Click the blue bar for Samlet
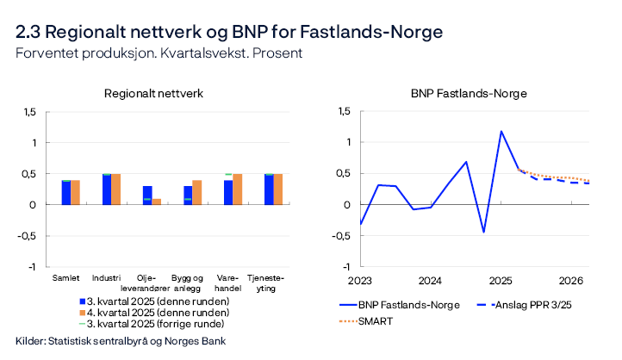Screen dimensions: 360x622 point(65,193)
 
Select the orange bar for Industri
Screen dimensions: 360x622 point(116,189)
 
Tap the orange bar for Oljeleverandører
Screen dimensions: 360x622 point(156,202)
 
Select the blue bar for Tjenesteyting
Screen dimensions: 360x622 point(269,189)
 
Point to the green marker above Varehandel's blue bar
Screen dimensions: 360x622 point(228,174)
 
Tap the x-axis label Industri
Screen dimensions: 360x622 point(111,277)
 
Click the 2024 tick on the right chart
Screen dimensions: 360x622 point(430,280)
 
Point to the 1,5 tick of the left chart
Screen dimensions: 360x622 point(30,112)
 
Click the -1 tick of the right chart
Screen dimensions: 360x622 point(346,267)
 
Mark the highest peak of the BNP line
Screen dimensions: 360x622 point(501,132)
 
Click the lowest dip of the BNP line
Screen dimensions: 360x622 point(483,232)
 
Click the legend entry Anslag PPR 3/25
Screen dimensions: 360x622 point(543,305)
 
